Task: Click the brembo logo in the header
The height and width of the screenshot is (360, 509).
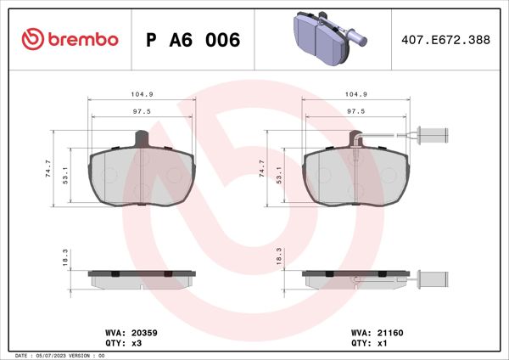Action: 70,40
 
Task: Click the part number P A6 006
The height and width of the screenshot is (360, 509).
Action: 193,40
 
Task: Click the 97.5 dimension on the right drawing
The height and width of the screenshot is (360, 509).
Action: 356,111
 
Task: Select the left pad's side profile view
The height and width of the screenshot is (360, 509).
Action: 143,278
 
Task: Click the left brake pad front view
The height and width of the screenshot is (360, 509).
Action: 143,176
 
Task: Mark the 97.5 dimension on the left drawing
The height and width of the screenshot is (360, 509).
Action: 143,111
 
